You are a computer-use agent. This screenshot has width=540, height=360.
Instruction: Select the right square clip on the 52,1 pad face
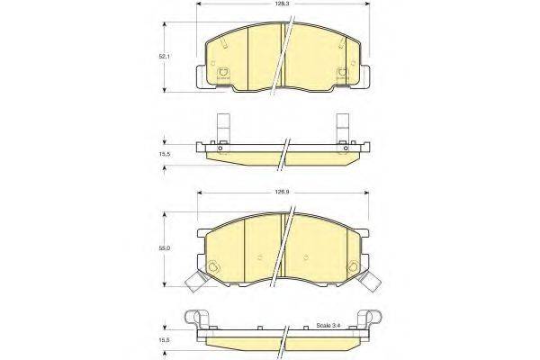[342, 75]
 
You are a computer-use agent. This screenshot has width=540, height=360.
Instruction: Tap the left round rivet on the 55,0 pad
[213, 266]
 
